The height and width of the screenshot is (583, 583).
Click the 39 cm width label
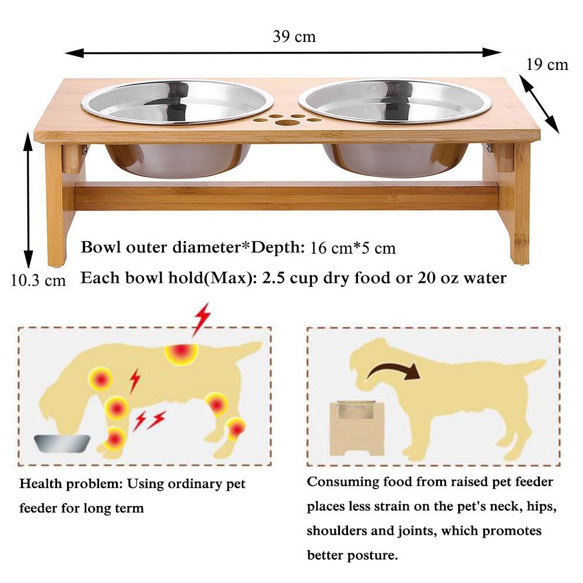click(x=294, y=37)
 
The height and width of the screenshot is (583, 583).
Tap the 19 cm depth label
click(x=547, y=64)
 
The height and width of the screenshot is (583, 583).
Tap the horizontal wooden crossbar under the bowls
click(x=286, y=196)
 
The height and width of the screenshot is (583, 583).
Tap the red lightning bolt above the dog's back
click(x=202, y=319)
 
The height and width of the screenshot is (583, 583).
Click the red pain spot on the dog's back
click(x=181, y=352)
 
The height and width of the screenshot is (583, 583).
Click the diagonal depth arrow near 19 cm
click(x=539, y=103)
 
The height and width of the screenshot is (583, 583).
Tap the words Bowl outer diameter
click(x=161, y=247)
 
